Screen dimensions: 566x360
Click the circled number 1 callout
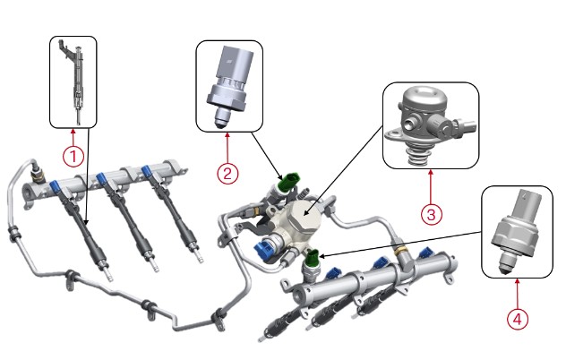coord(73,157)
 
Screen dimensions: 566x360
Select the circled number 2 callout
coord(227,174)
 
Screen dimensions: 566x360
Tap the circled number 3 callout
coord(431,215)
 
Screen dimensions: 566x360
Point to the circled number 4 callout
coord(518,319)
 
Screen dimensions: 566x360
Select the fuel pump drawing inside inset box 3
coord(431,125)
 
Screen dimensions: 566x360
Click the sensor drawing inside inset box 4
coord(517,231)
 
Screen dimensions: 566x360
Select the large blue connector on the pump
coord(264,249)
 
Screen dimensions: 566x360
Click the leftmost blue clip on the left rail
coord(56,186)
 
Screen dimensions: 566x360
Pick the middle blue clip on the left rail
coord(101,179)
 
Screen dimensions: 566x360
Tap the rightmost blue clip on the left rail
coord(146,170)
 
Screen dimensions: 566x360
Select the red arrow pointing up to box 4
coord(517,293)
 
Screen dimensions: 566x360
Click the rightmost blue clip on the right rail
coord(426,253)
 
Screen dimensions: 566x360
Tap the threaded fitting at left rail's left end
coord(37,176)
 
